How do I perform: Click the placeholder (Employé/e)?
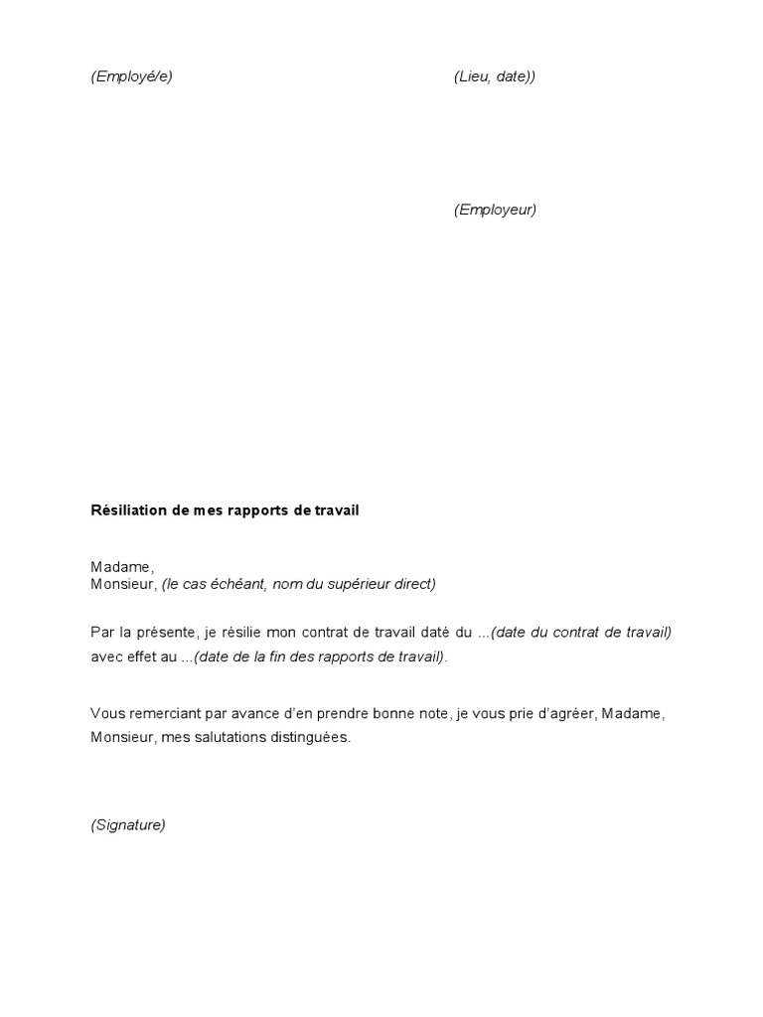point(131,76)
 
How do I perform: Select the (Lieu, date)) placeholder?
point(495,76)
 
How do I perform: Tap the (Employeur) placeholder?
point(495,210)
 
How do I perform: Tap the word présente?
point(172,633)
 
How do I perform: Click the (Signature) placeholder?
point(128,825)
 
